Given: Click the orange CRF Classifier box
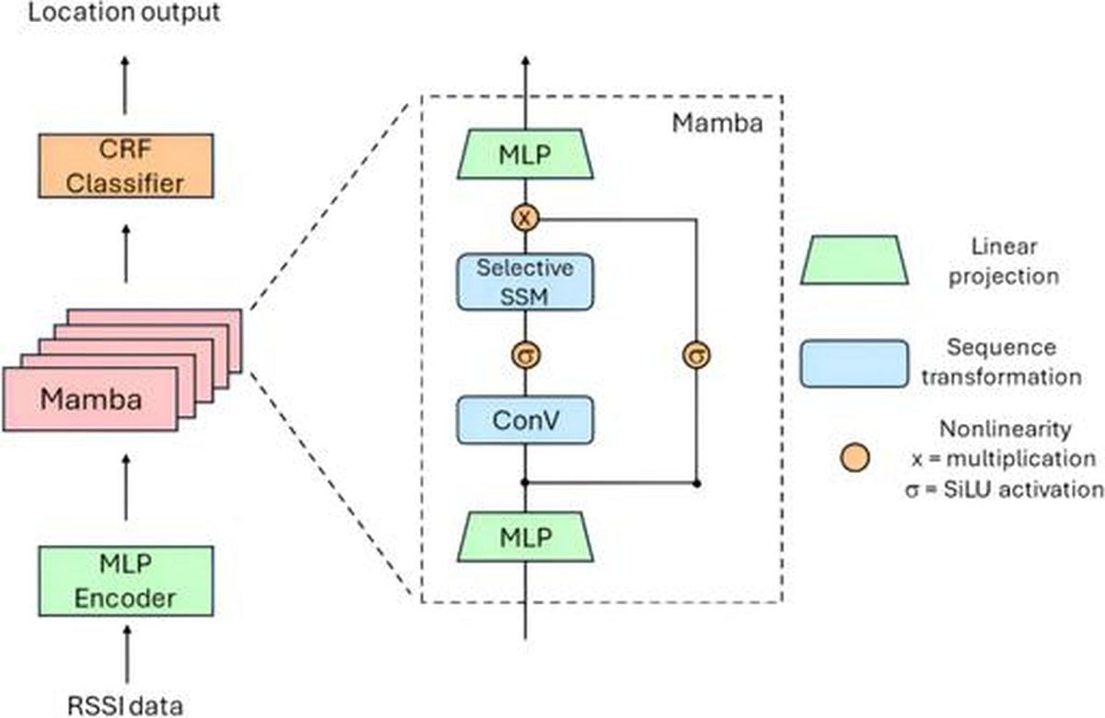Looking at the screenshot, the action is point(126,167).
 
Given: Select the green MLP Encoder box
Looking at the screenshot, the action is point(126,581).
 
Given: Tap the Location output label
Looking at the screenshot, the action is point(123,12).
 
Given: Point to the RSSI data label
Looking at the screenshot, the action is point(125,706).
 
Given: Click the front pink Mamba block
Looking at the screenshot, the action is point(90,400).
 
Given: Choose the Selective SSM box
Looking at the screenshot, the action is point(525,282).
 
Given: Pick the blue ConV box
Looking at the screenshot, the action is point(525,420).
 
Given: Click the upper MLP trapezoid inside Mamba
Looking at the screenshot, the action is point(525,155).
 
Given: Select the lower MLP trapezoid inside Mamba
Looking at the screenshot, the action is point(525,537).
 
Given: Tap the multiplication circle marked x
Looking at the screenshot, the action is point(525,218).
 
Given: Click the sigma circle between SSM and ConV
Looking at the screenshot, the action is point(526,355).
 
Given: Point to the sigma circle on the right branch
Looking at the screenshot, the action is point(696,355).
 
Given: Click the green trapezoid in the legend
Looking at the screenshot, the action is point(855,260).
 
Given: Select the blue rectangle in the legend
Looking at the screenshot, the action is point(855,364).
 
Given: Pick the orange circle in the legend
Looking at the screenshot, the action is point(855,457).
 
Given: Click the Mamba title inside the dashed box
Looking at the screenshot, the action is point(717,122).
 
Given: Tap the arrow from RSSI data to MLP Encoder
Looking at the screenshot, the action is point(127,654).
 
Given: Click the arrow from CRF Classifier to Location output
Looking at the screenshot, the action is point(125,86).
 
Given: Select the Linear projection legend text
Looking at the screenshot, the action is point(1004,261).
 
